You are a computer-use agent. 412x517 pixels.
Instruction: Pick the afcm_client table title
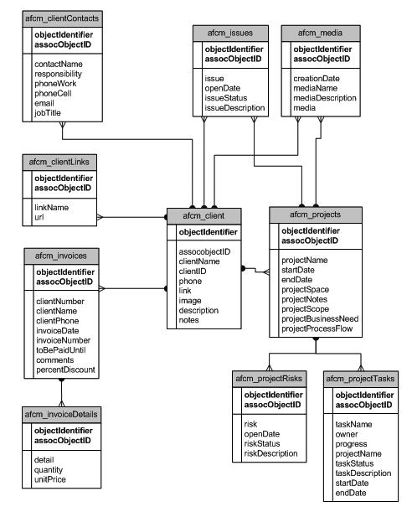pos(207,215)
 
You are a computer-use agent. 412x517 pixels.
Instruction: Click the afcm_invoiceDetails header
pos(61,414)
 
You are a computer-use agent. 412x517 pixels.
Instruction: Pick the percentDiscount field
pos(65,370)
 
